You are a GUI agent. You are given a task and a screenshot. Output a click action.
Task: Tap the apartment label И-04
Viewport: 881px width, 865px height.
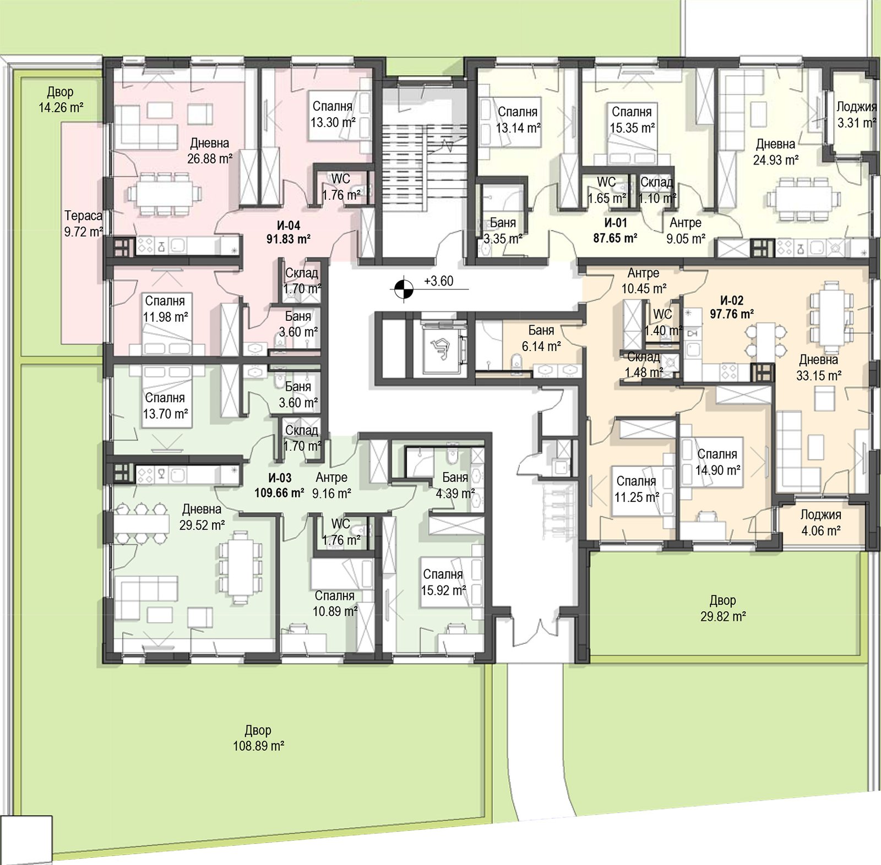[289, 225]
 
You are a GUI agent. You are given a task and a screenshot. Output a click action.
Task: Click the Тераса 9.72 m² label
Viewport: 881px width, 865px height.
[84, 224]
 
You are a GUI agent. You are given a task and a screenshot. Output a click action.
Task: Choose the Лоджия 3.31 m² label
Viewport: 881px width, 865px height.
[856, 115]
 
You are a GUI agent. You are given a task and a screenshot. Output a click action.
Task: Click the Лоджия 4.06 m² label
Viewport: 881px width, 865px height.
[820, 523]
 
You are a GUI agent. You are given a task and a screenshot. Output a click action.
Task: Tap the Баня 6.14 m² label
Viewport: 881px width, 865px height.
[541, 338]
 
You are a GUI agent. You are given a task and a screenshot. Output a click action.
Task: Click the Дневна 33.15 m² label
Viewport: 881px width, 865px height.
[819, 368]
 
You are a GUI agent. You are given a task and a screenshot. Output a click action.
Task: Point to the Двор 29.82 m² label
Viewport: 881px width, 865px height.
[723, 609]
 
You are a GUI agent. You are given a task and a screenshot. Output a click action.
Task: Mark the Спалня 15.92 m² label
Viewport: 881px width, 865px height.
[443, 582]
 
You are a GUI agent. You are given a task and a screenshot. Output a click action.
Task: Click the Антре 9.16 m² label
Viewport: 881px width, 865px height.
[331, 485]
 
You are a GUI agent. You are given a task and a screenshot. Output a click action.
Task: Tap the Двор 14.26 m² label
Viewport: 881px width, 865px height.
[61, 100]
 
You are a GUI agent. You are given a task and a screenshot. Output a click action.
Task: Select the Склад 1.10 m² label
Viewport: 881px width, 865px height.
[657, 190]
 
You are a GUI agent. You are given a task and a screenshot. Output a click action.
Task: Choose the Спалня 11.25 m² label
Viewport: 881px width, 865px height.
[637, 489]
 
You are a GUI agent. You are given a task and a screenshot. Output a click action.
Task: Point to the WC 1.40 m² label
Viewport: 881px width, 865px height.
[663, 322]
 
